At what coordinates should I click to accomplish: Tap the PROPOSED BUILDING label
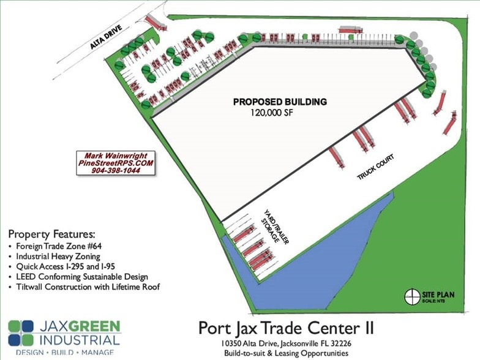(x=280, y=102)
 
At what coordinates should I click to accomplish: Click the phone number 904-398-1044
(x=116, y=171)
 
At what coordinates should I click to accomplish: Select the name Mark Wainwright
(x=116, y=156)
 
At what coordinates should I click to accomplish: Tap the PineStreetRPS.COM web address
(x=116, y=163)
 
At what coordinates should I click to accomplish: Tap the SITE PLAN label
(x=437, y=295)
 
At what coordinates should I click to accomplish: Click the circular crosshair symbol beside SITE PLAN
(x=412, y=297)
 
